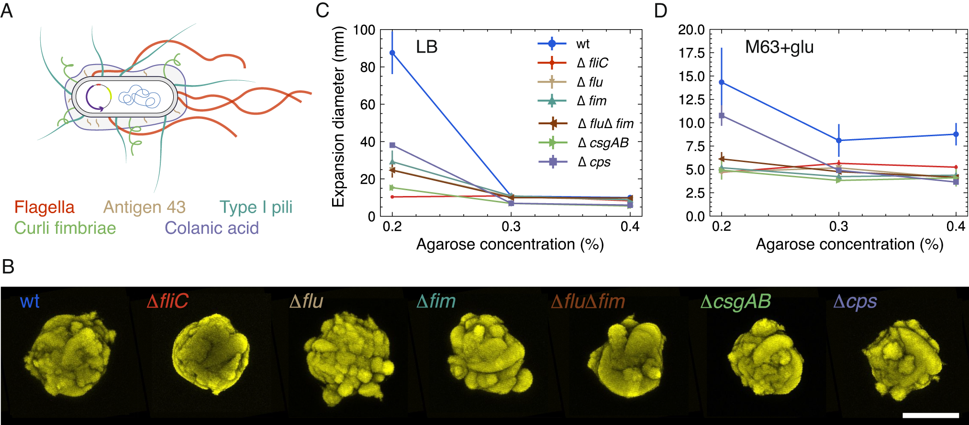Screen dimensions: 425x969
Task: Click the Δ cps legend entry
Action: click(584, 162)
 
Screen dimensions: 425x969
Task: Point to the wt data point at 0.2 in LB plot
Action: click(392, 53)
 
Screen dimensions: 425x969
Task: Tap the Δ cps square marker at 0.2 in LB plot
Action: click(392, 145)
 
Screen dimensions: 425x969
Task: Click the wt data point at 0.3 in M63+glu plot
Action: click(838, 141)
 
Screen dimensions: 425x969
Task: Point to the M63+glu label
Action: click(779, 47)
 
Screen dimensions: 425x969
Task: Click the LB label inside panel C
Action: click(426, 47)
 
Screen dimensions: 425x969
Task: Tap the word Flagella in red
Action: click(44, 207)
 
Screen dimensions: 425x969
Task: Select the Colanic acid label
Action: click(212, 228)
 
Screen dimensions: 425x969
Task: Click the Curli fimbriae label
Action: click(65, 228)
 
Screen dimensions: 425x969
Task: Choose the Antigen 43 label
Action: click(144, 207)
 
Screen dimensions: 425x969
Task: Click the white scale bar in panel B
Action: click(931, 415)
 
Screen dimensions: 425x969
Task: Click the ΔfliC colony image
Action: click(211, 354)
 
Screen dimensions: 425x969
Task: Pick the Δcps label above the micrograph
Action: click(855, 301)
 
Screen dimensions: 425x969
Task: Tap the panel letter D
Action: click(660, 11)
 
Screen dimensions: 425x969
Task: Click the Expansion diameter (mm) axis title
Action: click(338, 117)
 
